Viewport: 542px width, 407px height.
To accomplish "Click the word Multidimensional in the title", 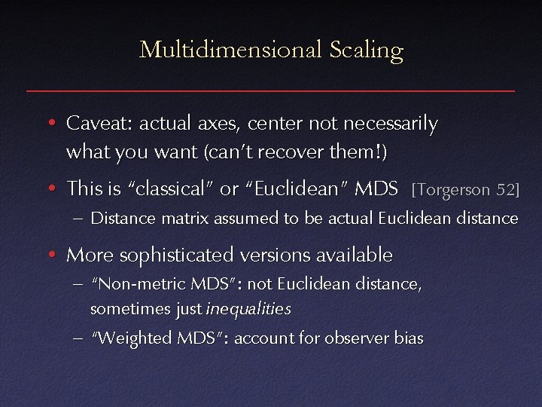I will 231,50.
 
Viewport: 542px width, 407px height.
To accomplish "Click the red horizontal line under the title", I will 271,90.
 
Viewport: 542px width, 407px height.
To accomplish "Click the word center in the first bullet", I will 276,123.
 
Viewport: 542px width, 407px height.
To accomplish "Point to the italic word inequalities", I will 248,309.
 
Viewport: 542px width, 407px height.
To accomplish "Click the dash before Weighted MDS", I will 78,338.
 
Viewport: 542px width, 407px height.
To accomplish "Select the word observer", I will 358,338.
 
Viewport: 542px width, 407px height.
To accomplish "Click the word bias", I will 409,338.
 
